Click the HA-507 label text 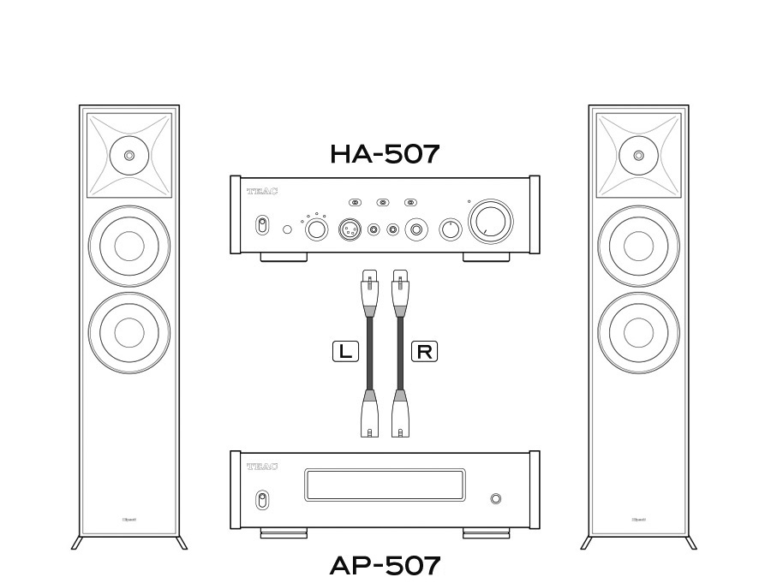tap(385, 154)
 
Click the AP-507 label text tap(385, 566)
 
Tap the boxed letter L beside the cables tap(345, 350)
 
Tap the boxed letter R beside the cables tap(424, 350)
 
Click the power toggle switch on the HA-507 tap(262, 227)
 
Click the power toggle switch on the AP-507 tap(262, 500)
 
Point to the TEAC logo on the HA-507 tap(262, 193)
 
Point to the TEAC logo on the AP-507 tap(262, 467)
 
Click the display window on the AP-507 tap(385, 485)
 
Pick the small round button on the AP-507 tap(495, 499)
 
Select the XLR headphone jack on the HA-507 tap(350, 229)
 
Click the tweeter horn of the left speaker tap(128, 156)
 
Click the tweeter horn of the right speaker tap(638, 156)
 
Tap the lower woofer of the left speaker tap(128, 330)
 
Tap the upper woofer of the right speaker tap(638, 246)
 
